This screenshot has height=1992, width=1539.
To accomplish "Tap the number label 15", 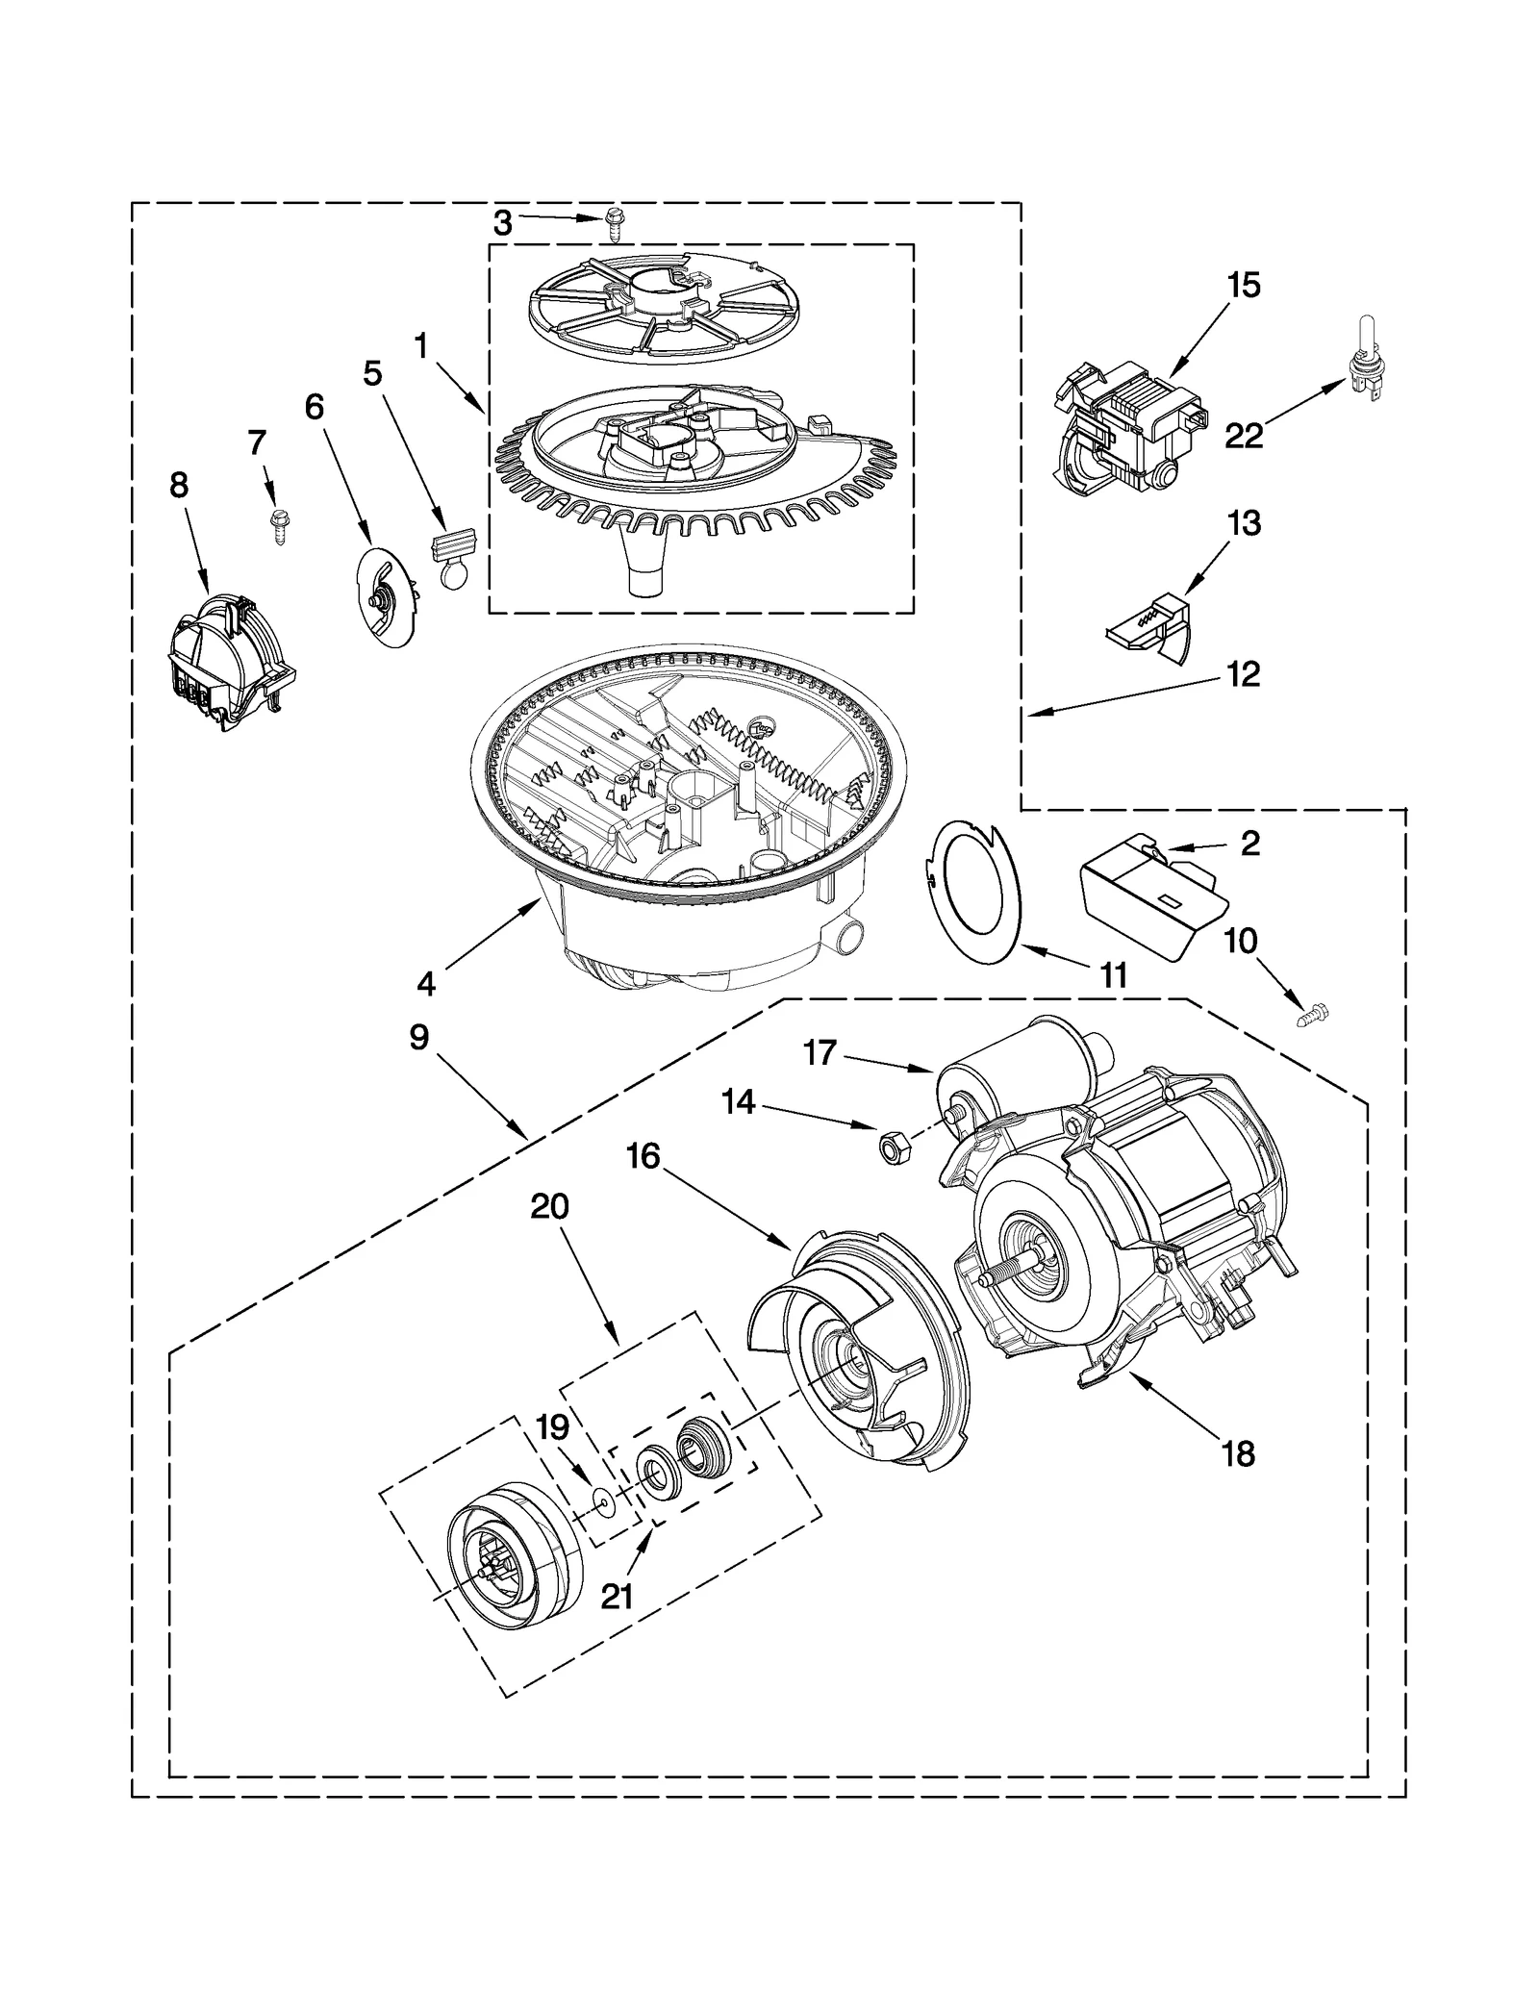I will coord(1243,286).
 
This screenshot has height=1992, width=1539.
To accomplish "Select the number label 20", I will coord(549,1206).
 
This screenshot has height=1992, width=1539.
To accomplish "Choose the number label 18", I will coord(1238,1454).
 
